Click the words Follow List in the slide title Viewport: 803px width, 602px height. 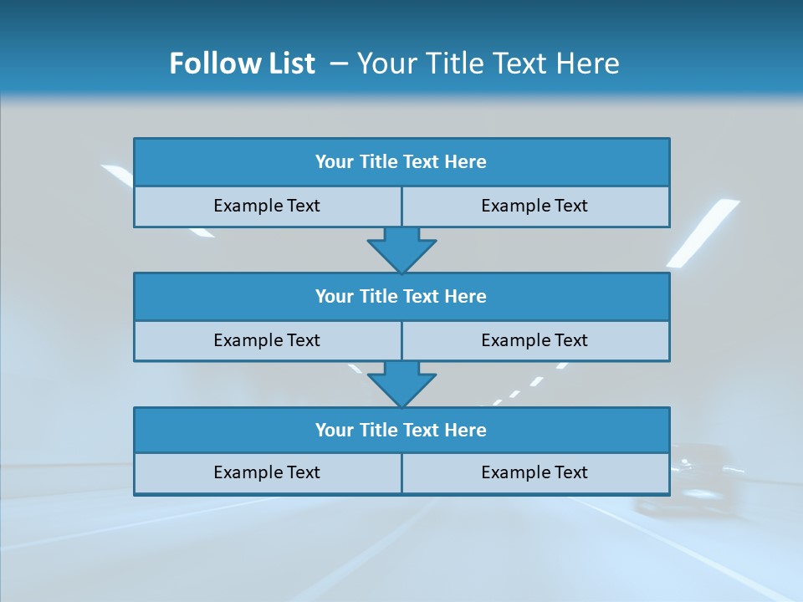pos(242,64)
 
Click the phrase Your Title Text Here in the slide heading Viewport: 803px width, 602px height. pos(488,64)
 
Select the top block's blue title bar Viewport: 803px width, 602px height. pos(401,162)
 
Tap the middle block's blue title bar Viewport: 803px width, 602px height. pos(401,296)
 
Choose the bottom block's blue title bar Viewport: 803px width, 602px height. pos(401,430)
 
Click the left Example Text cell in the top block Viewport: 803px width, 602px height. pos(267,206)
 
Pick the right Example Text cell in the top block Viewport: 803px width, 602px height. pos(534,206)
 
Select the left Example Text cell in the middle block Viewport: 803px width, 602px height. pos(267,340)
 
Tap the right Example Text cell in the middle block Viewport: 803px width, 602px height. pos(534,340)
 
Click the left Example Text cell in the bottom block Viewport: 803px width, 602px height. pos(267,472)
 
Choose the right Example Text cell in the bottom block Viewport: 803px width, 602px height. pos(534,472)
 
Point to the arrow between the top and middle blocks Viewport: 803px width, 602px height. pos(401,249)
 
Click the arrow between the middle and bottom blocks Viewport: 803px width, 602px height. pos(401,384)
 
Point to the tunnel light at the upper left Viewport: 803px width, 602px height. pos(117,174)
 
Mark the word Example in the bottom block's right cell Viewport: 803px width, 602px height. pos(512,472)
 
